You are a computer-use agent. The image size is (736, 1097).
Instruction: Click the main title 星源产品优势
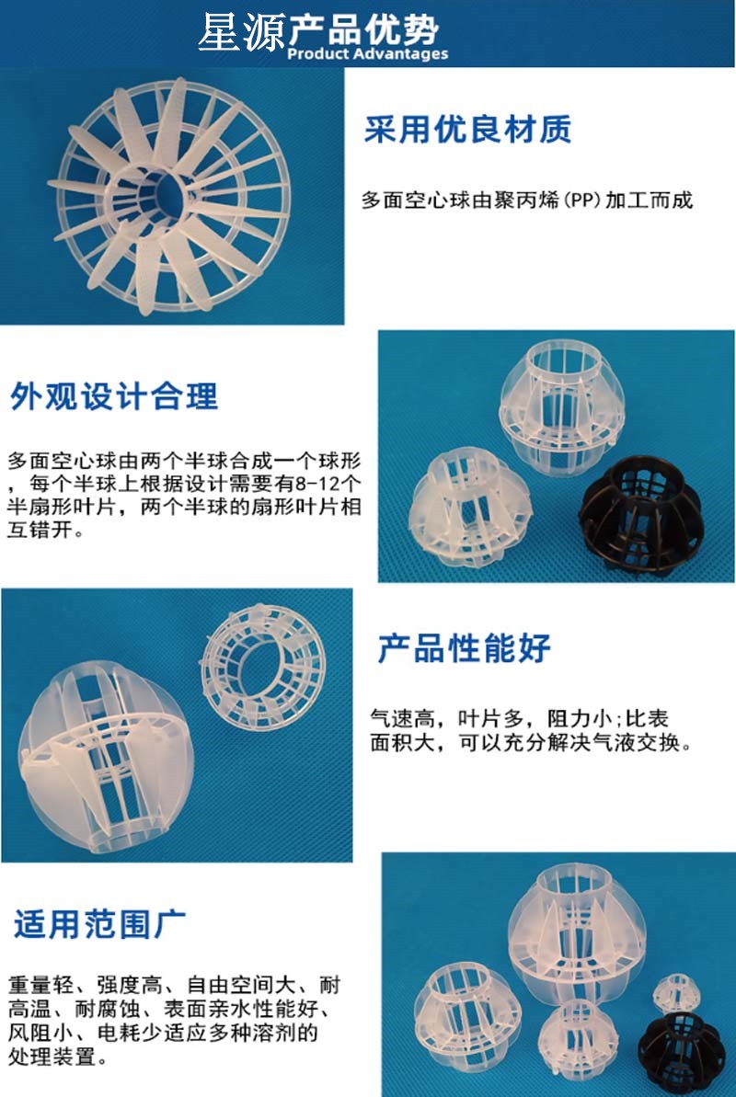pos(318,30)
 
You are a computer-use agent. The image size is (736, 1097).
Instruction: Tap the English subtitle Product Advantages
pos(368,54)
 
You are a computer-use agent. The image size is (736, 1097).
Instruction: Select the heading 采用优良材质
pos(467,130)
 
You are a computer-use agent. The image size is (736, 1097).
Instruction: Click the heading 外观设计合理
pos(113,396)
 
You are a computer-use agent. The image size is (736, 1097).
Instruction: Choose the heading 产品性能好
pos(464,648)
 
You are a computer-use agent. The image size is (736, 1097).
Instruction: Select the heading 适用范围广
pos(99,924)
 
